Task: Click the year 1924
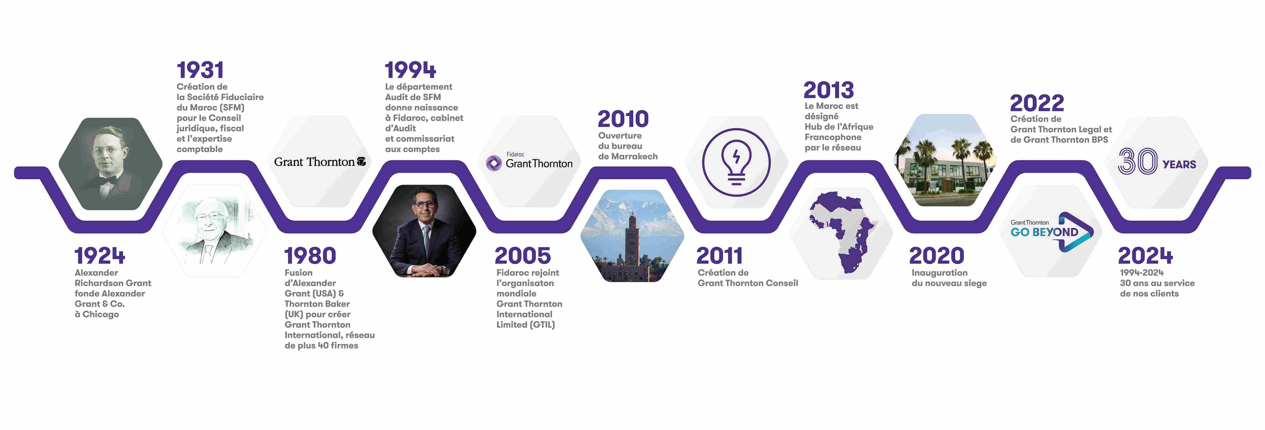click(x=100, y=256)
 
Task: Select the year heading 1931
click(x=200, y=70)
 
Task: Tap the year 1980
click(x=310, y=256)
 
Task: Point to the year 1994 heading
click(x=411, y=70)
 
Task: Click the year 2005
click(x=523, y=256)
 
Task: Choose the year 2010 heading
click(x=623, y=119)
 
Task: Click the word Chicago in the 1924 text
click(x=101, y=315)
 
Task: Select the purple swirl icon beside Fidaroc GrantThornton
click(x=494, y=163)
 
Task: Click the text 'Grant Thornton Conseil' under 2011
click(x=748, y=283)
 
